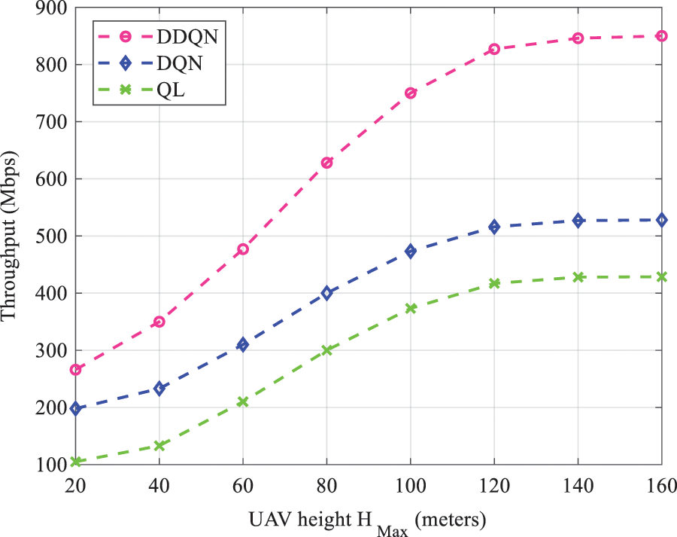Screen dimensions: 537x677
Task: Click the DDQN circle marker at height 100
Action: point(411,93)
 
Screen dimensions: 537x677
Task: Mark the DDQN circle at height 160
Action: point(662,35)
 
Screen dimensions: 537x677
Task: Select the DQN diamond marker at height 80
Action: point(326,293)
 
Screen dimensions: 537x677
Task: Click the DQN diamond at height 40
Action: point(159,389)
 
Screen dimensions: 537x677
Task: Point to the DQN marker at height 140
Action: point(578,221)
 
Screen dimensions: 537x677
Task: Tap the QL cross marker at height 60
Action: point(243,402)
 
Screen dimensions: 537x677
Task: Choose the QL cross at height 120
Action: point(494,284)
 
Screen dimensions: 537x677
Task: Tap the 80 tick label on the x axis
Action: point(326,488)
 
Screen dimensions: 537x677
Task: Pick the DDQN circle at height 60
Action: point(243,249)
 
